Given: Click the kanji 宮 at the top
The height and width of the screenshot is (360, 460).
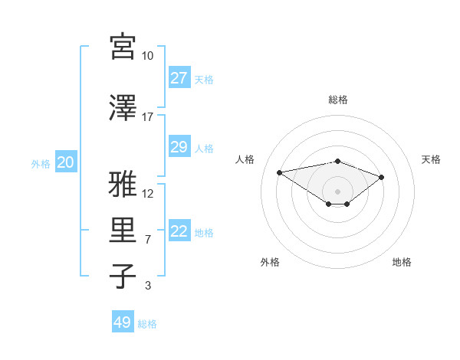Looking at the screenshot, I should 123,47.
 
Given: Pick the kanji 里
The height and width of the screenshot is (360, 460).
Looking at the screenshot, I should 123,231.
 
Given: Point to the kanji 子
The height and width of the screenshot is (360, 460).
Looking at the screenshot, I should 123,276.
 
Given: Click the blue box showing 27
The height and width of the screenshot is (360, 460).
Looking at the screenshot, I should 179,78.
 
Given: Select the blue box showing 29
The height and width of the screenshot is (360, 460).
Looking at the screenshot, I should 179,147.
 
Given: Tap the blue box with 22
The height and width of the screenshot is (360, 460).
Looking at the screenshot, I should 179,232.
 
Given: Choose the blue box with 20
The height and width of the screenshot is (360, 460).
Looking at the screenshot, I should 65,162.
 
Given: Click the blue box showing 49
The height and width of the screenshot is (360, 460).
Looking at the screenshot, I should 122,322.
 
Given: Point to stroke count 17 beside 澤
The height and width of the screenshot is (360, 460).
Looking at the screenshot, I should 147,116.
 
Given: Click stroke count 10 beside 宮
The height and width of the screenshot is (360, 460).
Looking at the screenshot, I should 147,56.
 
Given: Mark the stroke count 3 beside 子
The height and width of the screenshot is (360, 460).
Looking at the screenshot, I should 147,286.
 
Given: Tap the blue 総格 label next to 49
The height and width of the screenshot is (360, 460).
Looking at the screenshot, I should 147,324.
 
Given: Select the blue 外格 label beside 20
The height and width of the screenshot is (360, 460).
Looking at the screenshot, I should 41,163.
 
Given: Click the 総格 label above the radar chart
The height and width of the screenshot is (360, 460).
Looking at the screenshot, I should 337,100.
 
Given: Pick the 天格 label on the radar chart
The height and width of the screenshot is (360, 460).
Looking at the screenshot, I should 431,159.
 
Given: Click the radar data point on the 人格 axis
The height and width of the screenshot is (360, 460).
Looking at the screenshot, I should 279,172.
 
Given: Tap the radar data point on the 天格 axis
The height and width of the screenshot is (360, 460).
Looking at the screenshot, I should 382,177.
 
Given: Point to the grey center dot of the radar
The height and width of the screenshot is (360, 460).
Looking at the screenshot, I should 337,191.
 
